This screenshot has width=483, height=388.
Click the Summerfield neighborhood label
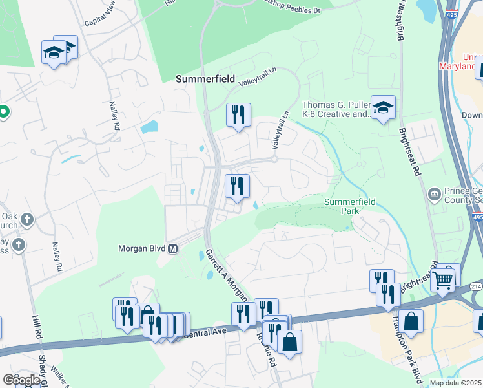[203, 79]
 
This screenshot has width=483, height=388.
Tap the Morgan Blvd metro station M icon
[172, 248]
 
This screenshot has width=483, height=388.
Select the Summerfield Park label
[348, 206]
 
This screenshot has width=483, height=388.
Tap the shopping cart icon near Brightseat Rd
[442, 279]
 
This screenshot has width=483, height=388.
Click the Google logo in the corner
[22, 380]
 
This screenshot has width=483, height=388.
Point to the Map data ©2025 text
[455, 383]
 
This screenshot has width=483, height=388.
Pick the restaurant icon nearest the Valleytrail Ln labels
[238, 115]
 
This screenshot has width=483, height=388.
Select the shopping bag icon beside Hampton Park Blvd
[411, 321]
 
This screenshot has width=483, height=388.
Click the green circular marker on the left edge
[3, 112]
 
